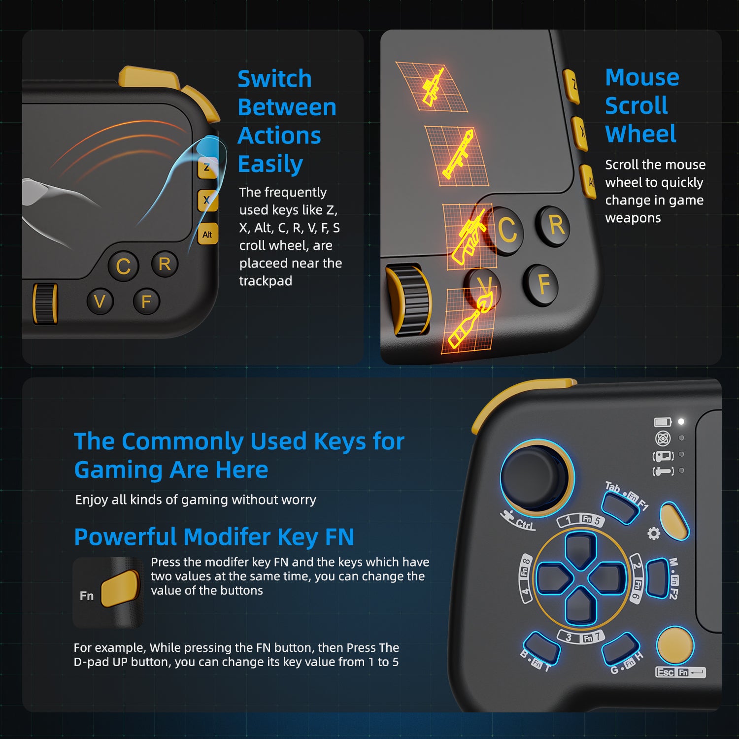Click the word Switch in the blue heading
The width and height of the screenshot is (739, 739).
pos(274,79)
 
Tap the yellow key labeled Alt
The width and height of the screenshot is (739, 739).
pos(207,235)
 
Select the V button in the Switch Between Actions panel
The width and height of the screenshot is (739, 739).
pos(100,301)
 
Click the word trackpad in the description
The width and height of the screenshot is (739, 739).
pos(266,281)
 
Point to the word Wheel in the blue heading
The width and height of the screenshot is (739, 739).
pos(640,134)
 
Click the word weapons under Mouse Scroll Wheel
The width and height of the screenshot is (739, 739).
pos(633,218)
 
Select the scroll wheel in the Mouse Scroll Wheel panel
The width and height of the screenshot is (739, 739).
pos(408,301)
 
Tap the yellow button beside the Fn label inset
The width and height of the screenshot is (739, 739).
pos(120,588)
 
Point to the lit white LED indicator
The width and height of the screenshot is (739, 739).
pos(681,422)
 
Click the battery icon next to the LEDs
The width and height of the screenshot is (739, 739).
pos(663,422)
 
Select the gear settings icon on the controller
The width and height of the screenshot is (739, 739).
pos(654,533)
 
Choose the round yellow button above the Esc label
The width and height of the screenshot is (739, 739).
pos(675,644)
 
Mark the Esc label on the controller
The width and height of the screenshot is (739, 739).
pos(665,672)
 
